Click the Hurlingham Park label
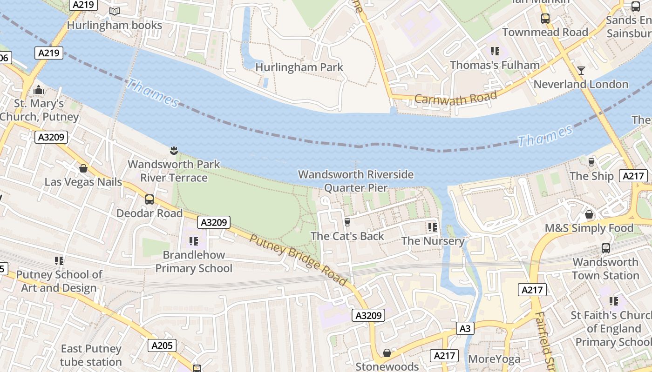pos(299,67)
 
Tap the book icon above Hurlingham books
pos(115,11)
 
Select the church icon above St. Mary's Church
pos(39,89)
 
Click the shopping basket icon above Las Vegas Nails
pos(83,168)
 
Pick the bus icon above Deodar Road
pos(149,199)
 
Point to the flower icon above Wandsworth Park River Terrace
pos(174,150)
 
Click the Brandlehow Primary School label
pos(194,261)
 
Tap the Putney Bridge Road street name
pos(298,259)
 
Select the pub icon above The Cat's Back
pos(347,222)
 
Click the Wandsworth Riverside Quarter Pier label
pos(356,181)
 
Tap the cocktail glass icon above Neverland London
pos(581,71)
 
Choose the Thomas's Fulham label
pos(495,65)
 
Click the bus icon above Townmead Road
pos(545,19)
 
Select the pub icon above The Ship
pos(591,162)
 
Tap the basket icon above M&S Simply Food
pos(589,214)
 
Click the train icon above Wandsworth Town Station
pos(605,248)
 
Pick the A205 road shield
pos(162,345)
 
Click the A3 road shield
pos(465,329)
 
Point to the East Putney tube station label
pos(91,355)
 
